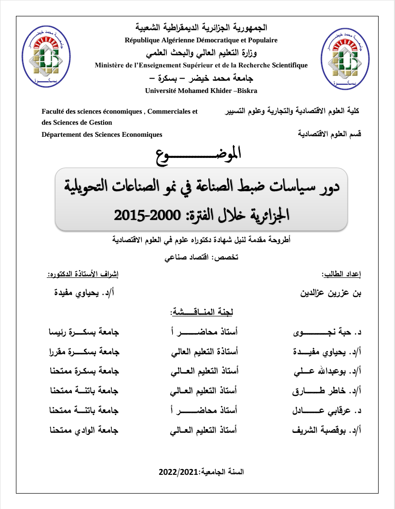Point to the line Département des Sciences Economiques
(x=102, y=135)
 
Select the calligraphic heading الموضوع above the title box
(x=198, y=155)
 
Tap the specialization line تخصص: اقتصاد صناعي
(x=202, y=258)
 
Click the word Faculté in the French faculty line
(x=53, y=111)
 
